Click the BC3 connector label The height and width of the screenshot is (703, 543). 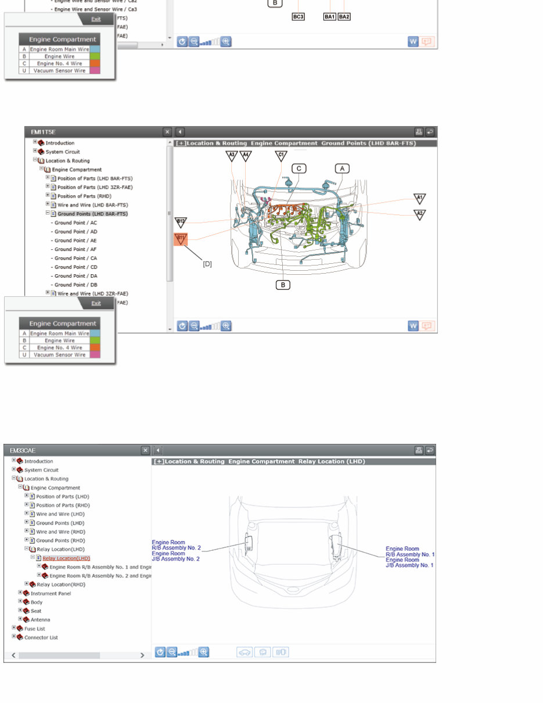[x=298, y=17]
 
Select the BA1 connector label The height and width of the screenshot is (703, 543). [x=329, y=17]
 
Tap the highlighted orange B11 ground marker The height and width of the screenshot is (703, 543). [x=181, y=239]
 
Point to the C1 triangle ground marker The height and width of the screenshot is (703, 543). [x=281, y=155]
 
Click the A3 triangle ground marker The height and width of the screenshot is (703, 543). [x=232, y=155]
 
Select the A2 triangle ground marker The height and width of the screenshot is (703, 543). [x=419, y=214]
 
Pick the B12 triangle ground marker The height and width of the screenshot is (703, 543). [x=181, y=222]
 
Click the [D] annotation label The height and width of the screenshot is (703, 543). [x=207, y=264]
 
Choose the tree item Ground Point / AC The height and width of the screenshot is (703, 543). [x=75, y=223]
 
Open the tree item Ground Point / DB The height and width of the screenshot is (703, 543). [x=75, y=285]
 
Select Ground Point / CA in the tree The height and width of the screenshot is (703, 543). [x=75, y=258]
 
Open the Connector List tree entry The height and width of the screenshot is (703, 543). [x=41, y=637]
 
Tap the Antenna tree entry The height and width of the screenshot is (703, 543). [x=40, y=620]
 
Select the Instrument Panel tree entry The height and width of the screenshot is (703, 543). [x=51, y=593]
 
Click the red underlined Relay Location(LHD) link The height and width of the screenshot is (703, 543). [x=66, y=558]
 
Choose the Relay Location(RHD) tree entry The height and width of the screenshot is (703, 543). [x=61, y=584]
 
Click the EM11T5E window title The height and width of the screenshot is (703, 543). [x=44, y=132]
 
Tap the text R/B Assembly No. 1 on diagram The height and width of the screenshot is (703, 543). [x=410, y=554]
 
